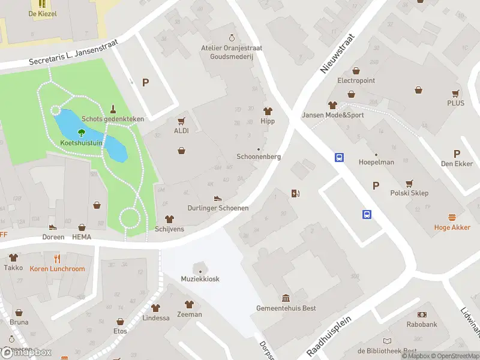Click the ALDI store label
181,130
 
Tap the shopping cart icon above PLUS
455,93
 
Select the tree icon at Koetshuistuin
82,133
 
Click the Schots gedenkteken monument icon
113,109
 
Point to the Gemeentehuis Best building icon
286,298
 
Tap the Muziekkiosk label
199,278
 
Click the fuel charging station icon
295,193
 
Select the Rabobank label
422,325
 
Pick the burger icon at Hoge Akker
452,217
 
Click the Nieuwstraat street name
338,53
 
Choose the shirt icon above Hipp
268,111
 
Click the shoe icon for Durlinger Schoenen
218,198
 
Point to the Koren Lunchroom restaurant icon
57,259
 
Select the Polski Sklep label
410,193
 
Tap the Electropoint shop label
356,80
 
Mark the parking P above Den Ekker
457,154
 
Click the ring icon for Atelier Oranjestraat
232,38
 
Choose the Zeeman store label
190,314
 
